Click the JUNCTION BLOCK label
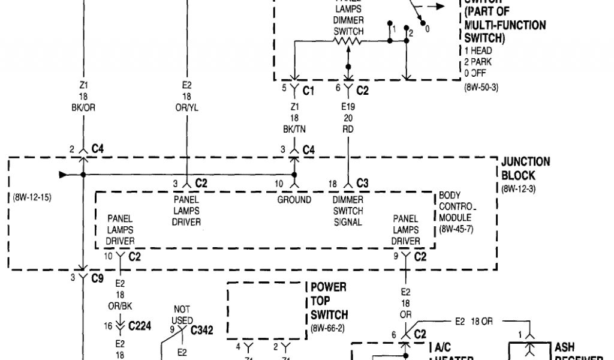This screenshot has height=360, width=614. tap(525, 169)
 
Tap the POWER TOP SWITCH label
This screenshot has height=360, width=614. tap(329, 301)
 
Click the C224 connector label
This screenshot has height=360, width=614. tap(142, 326)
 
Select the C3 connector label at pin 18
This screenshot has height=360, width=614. tap(362, 182)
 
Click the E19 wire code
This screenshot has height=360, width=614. tap(348, 106)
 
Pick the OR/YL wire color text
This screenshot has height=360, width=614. tap(186, 107)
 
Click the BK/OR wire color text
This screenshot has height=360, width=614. tap(84, 107)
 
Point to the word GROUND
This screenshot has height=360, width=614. tap(294, 200)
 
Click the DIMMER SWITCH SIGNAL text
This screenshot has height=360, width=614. tap(348, 211)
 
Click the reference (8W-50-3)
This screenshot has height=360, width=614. tap(481, 87)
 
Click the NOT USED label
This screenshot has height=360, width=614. tap(183, 316)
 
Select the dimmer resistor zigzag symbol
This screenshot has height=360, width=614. tap(348, 41)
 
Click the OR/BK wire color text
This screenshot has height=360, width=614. tap(120, 306)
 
